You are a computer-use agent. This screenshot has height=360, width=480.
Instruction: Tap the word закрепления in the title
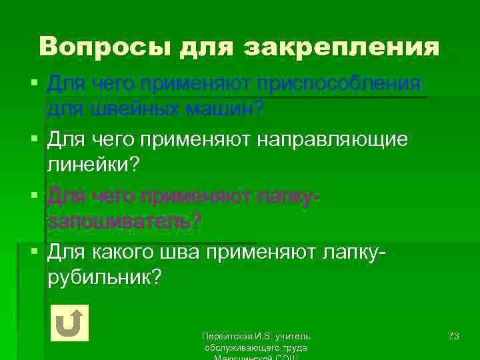point(343,47)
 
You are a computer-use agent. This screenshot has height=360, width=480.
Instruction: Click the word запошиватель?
point(123,221)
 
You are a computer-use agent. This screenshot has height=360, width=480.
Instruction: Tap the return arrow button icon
point(69,323)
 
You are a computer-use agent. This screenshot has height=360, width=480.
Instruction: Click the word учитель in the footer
point(293,337)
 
